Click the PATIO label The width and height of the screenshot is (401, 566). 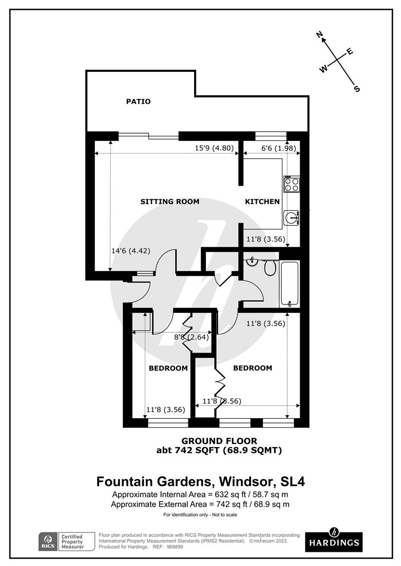[138, 101]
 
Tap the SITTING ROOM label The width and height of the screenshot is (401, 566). [170, 201]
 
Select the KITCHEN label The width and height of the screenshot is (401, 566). [262, 201]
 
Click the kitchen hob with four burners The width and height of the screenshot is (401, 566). [291, 184]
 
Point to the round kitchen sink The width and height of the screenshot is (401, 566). [290, 217]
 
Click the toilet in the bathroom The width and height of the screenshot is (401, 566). [270, 268]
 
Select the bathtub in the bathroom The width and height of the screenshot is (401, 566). [289, 284]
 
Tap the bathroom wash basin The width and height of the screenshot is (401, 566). [252, 260]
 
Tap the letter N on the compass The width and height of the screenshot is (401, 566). [319, 35]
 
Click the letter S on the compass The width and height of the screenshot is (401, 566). [357, 89]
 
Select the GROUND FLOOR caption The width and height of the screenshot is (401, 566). [219, 441]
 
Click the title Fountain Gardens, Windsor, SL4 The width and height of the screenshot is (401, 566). [200, 481]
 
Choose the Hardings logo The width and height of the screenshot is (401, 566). [333, 538]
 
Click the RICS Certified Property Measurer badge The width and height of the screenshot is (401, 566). [67, 541]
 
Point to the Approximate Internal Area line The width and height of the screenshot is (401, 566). [200, 495]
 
